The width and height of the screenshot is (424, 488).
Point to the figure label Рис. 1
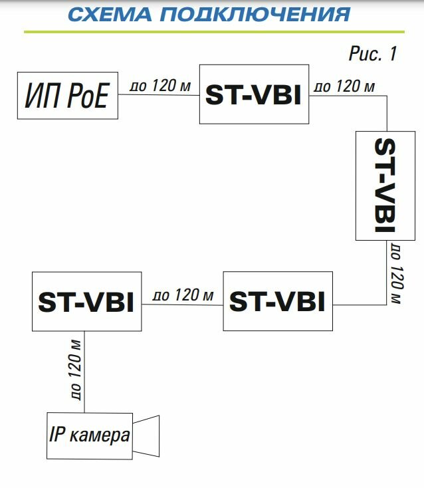pyautogui.click(x=372, y=54)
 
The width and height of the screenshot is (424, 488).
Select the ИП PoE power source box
pyautogui.click(x=68, y=96)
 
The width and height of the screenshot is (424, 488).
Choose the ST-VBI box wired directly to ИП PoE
pyautogui.click(x=254, y=94)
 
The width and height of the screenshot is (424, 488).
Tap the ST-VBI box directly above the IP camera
pyautogui.click(x=86, y=302)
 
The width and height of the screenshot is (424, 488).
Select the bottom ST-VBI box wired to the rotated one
pyautogui.click(x=277, y=301)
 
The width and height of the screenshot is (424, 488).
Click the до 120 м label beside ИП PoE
pyautogui.click(x=159, y=85)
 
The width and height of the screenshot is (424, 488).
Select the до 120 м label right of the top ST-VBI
pyautogui.click(x=344, y=86)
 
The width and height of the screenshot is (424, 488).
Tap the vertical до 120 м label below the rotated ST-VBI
pyautogui.click(x=396, y=274)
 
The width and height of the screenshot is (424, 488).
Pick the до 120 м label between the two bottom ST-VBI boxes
pyautogui.click(x=183, y=295)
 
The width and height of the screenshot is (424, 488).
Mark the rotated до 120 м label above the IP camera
pyautogui.click(x=75, y=370)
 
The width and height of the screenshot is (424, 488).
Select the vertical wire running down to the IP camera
pyautogui.click(x=85, y=372)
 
